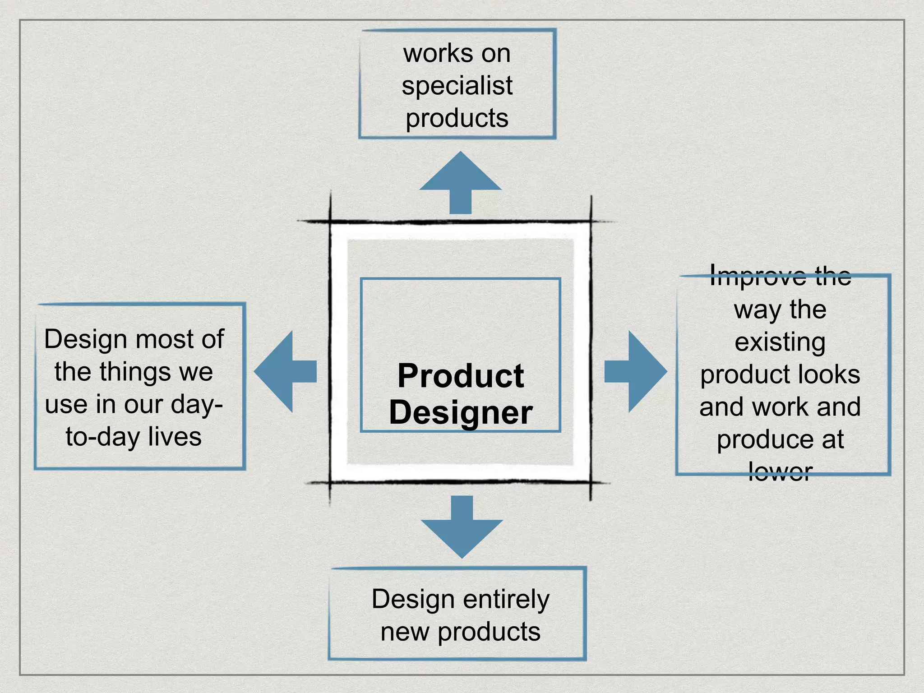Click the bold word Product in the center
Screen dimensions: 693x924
[461, 376]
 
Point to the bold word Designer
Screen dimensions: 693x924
[461, 413]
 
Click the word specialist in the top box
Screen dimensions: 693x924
[457, 86]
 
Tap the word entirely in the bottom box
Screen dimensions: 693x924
[506, 600]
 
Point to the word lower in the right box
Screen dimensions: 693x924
[780, 472]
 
